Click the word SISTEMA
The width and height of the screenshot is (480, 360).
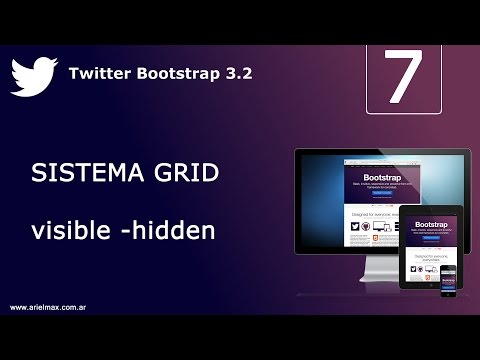pyautogui.click(x=81, y=175)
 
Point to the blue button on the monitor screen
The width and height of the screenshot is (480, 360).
pyautogui.click(x=377, y=194)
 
